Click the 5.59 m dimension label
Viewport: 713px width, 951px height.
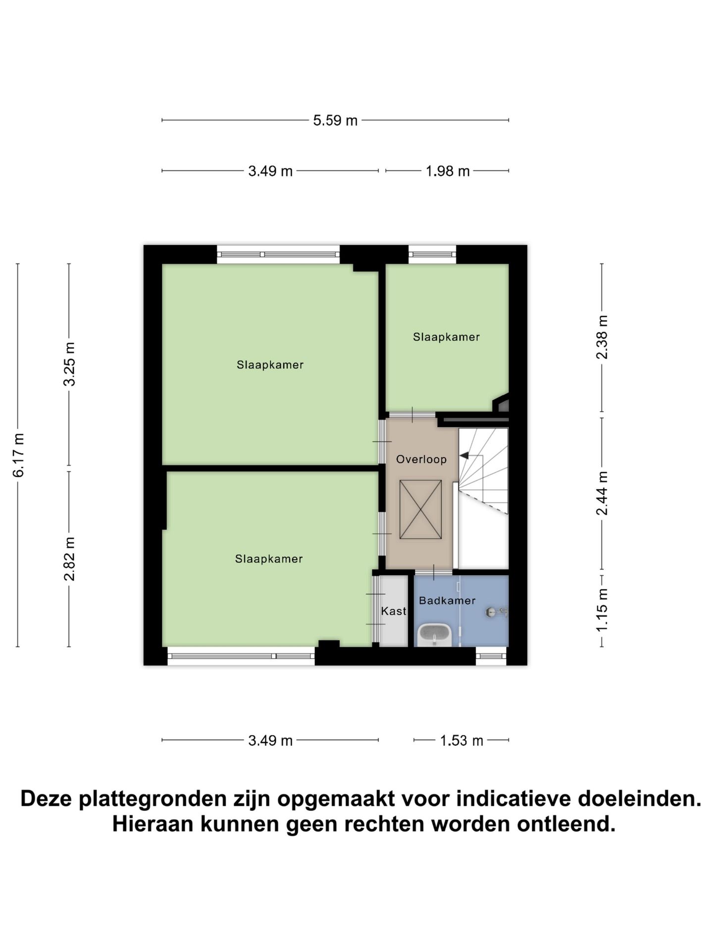[335, 120]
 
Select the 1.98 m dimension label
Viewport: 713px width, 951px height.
[448, 171]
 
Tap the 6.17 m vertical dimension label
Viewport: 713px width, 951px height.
[18, 455]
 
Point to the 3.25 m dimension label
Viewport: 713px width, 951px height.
[69, 364]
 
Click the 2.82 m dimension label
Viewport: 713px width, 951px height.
[69, 559]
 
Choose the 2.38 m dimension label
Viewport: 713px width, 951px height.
[602, 337]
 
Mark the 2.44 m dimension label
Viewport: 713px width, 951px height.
[602, 493]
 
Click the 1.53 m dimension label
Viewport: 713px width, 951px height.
[461, 741]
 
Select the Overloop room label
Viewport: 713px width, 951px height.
[421, 460]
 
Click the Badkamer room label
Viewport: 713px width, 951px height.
[447, 601]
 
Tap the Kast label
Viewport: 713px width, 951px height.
[394, 611]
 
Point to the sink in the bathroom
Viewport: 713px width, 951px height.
[434, 634]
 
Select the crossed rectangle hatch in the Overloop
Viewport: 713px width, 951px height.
[420, 509]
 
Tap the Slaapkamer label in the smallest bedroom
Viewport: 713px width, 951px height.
[446, 337]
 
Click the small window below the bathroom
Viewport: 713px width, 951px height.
[491, 657]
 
